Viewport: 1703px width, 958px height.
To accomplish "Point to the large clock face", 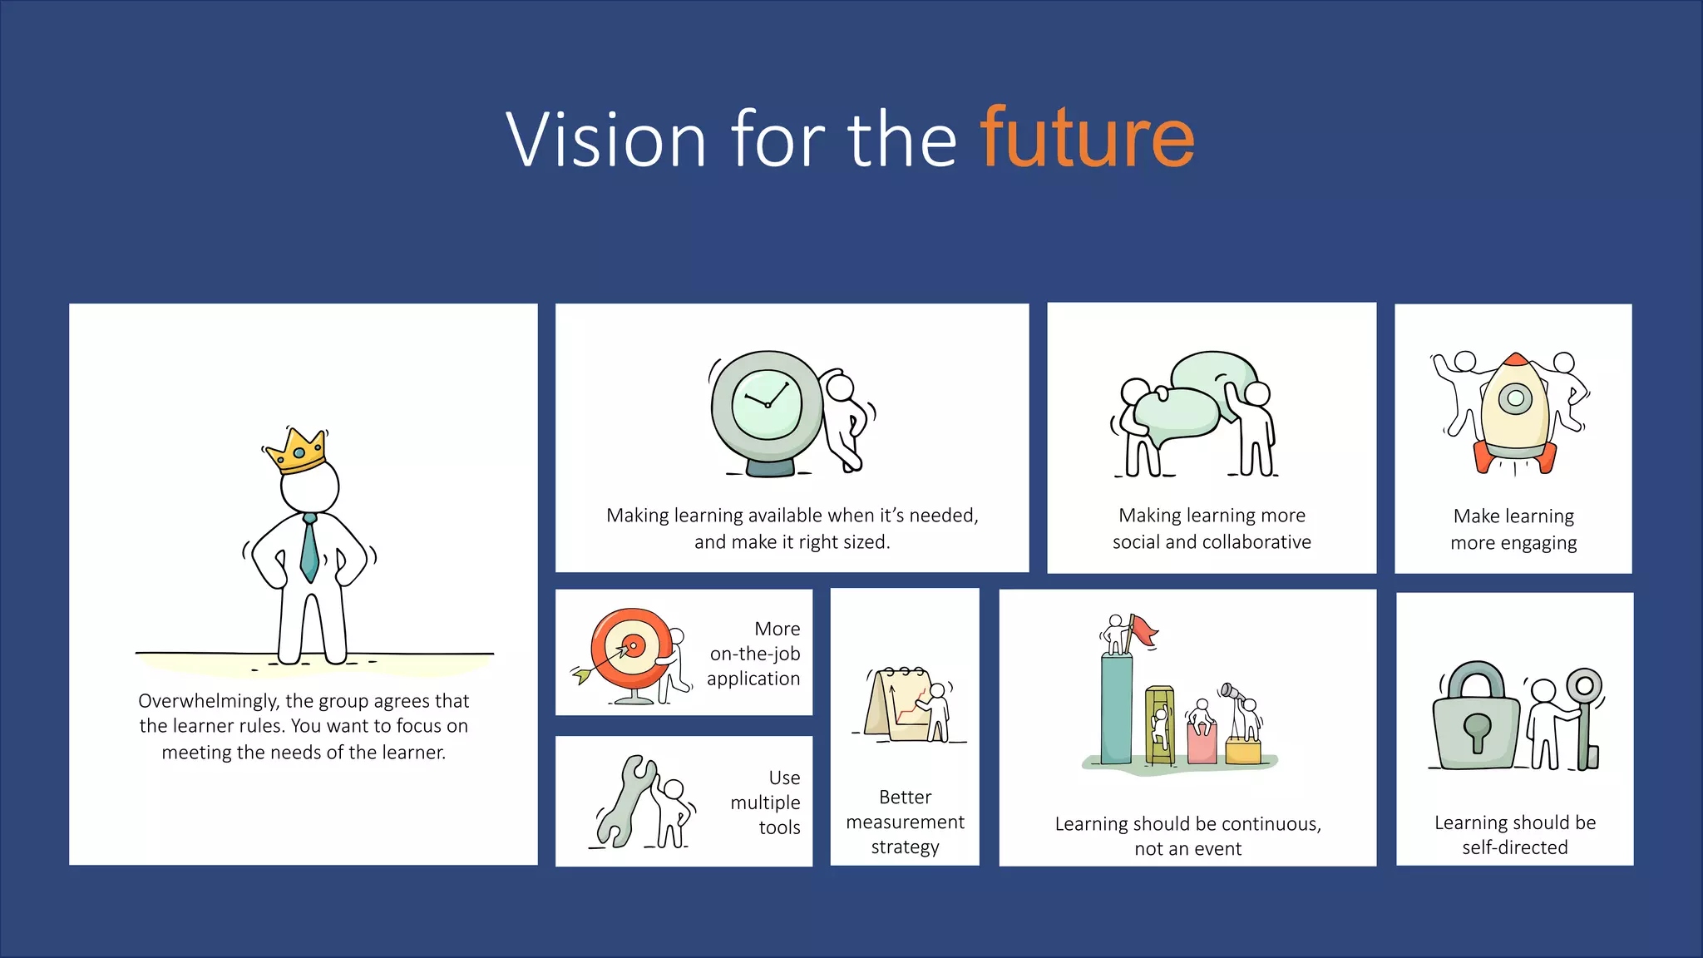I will (x=766, y=405).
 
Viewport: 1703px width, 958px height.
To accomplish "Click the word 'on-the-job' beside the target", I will (x=755, y=654).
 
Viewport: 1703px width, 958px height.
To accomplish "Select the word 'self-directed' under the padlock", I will (x=1514, y=847).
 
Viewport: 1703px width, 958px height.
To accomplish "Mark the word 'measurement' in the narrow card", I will (x=905, y=822).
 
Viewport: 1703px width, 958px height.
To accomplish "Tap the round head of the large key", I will (x=1584, y=685).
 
